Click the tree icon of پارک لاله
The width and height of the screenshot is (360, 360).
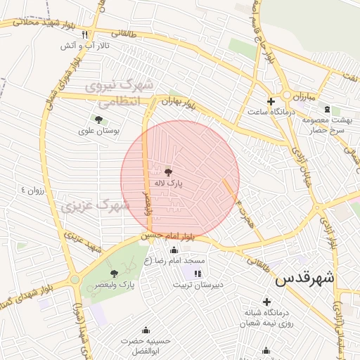(x=167, y=172)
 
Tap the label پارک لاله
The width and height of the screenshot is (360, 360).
(x=169, y=183)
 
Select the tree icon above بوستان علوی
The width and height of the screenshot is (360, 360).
(x=98, y=120)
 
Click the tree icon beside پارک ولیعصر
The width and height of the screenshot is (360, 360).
(x=115, y=273)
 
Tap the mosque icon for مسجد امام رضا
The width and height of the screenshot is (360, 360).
(x=174, y=250)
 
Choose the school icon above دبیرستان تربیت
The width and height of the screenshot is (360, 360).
(x=198, y=274)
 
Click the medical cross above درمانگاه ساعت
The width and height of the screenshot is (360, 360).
(x=271, y=101)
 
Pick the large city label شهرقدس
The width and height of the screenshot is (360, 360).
(x=306, y=278)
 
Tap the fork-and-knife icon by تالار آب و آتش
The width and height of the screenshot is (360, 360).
(x=85, y=34)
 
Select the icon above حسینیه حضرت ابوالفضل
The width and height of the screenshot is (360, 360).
(x=146, y=330)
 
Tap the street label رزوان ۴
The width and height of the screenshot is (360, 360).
(x=32, y=191)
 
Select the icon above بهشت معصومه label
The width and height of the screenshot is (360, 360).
(x=326, y=109)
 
